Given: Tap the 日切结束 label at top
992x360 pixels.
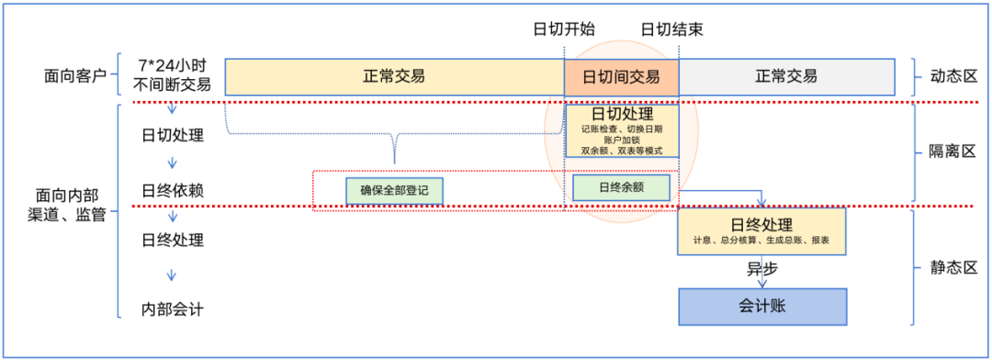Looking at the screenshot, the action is [672, 29].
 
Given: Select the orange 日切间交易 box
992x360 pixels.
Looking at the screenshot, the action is [621, 77].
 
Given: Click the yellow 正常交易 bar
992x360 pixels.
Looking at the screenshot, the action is [394, 77].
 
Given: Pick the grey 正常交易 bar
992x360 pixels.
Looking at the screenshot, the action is [786, 77].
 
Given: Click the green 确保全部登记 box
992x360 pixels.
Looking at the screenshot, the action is [394, 191].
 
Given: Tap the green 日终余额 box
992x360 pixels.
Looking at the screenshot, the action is [621, 187].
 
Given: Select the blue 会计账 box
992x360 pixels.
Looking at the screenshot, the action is [762, 307].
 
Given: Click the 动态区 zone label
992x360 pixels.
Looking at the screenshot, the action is [953, 76].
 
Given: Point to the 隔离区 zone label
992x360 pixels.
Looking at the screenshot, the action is [953, 152].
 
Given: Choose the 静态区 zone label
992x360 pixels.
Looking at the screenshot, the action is [953, 267].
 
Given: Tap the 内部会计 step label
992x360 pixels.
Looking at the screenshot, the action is [172, 310].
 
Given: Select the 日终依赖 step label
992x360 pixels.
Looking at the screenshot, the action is [172, 191].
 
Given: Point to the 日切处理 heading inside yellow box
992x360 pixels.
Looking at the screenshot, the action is [622, 115].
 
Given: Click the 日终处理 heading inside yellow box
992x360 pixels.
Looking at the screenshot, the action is [761, 225].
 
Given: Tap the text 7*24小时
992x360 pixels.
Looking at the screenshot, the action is [173, 66].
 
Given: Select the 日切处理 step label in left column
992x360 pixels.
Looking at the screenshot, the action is [172, 135].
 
